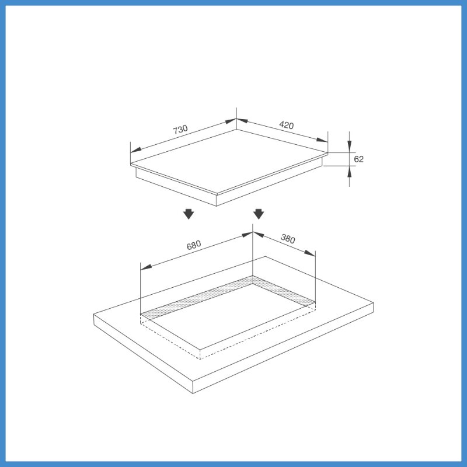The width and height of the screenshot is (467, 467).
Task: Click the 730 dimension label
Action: [180, 129]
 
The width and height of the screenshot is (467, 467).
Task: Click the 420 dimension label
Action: [287, 125]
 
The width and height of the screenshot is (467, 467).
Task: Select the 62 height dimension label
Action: [358, 159]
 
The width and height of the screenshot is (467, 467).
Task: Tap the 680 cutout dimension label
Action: [194, 245]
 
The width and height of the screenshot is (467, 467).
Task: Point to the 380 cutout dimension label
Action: [288, 239]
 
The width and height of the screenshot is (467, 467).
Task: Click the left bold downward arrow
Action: [189, 214]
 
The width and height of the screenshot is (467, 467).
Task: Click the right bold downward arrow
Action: [259, 214]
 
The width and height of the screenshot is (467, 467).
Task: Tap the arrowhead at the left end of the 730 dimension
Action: [136, 150]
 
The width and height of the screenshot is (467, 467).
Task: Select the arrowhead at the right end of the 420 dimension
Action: [322, 140]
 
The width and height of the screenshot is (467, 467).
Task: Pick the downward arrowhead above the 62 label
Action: [349, 147]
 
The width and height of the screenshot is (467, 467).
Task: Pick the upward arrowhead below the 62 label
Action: [349, 172]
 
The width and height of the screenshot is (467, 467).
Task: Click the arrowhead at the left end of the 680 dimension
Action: [146, 267]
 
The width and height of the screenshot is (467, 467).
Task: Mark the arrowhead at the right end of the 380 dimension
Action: [310, 253]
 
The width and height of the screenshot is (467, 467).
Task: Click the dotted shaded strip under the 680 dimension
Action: [197, 297]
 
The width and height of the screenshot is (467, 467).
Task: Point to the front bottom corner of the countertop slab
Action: [193, 393]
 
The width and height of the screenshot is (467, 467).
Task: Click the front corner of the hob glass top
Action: [217, 194]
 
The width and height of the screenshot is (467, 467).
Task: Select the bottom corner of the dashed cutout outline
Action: [200, 359]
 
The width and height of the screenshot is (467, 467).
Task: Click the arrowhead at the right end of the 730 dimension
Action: [231, 121]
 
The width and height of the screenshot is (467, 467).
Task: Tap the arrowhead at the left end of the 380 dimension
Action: [259, 235]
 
